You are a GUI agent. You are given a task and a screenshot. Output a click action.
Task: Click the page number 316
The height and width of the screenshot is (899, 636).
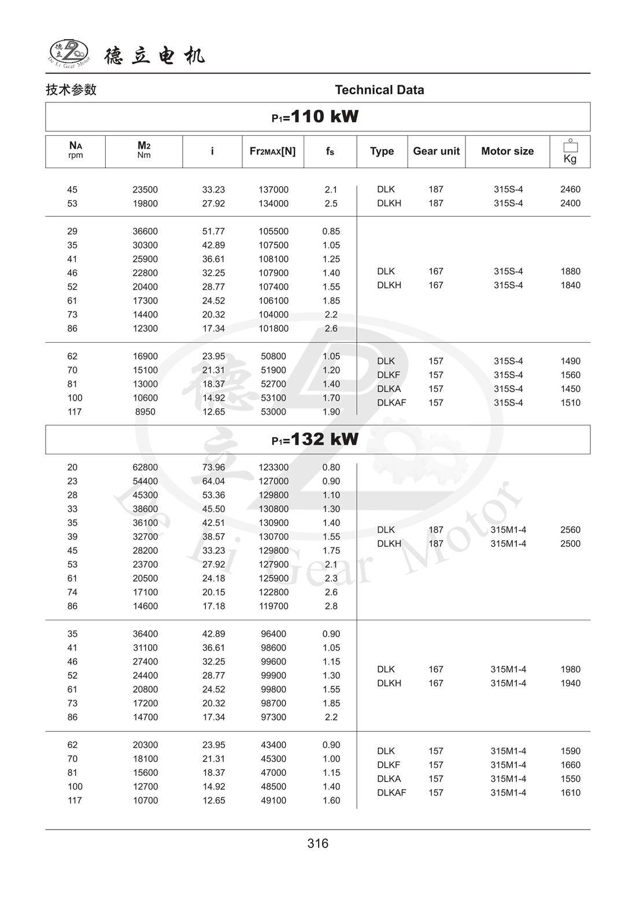318,843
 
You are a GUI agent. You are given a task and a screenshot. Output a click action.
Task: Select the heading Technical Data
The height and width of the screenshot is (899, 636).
379,90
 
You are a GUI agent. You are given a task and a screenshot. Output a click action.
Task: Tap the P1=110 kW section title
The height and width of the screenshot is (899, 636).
316,117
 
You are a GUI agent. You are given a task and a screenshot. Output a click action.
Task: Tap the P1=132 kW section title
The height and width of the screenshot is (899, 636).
316,439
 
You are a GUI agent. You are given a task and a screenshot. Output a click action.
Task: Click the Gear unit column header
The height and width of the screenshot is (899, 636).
436,151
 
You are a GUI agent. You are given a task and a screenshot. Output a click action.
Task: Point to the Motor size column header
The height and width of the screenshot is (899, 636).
507,151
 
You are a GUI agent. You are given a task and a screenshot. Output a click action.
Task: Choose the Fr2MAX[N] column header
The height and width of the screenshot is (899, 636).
272,151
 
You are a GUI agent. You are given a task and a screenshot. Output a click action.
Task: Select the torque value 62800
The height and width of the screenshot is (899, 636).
145,467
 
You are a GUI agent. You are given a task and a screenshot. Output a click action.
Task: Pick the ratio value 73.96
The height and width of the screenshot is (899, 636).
213,467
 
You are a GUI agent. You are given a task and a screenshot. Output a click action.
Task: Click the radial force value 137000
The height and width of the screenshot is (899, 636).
273,190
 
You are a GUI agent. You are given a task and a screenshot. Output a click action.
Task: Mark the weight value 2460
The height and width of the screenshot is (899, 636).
570,189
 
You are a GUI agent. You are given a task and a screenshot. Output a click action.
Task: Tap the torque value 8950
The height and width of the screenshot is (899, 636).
145,412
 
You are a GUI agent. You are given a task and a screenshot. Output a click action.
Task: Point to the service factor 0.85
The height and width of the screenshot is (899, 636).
331,231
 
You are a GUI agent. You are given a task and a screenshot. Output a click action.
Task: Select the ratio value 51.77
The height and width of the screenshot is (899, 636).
213,231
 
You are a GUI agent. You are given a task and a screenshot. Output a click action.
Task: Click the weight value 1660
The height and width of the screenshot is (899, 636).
570,765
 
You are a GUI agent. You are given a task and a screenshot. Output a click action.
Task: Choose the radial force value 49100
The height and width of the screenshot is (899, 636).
273,800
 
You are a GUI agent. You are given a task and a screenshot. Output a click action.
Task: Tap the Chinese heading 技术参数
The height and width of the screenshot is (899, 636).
71,90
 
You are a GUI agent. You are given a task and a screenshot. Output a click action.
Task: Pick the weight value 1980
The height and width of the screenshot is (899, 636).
570,669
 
